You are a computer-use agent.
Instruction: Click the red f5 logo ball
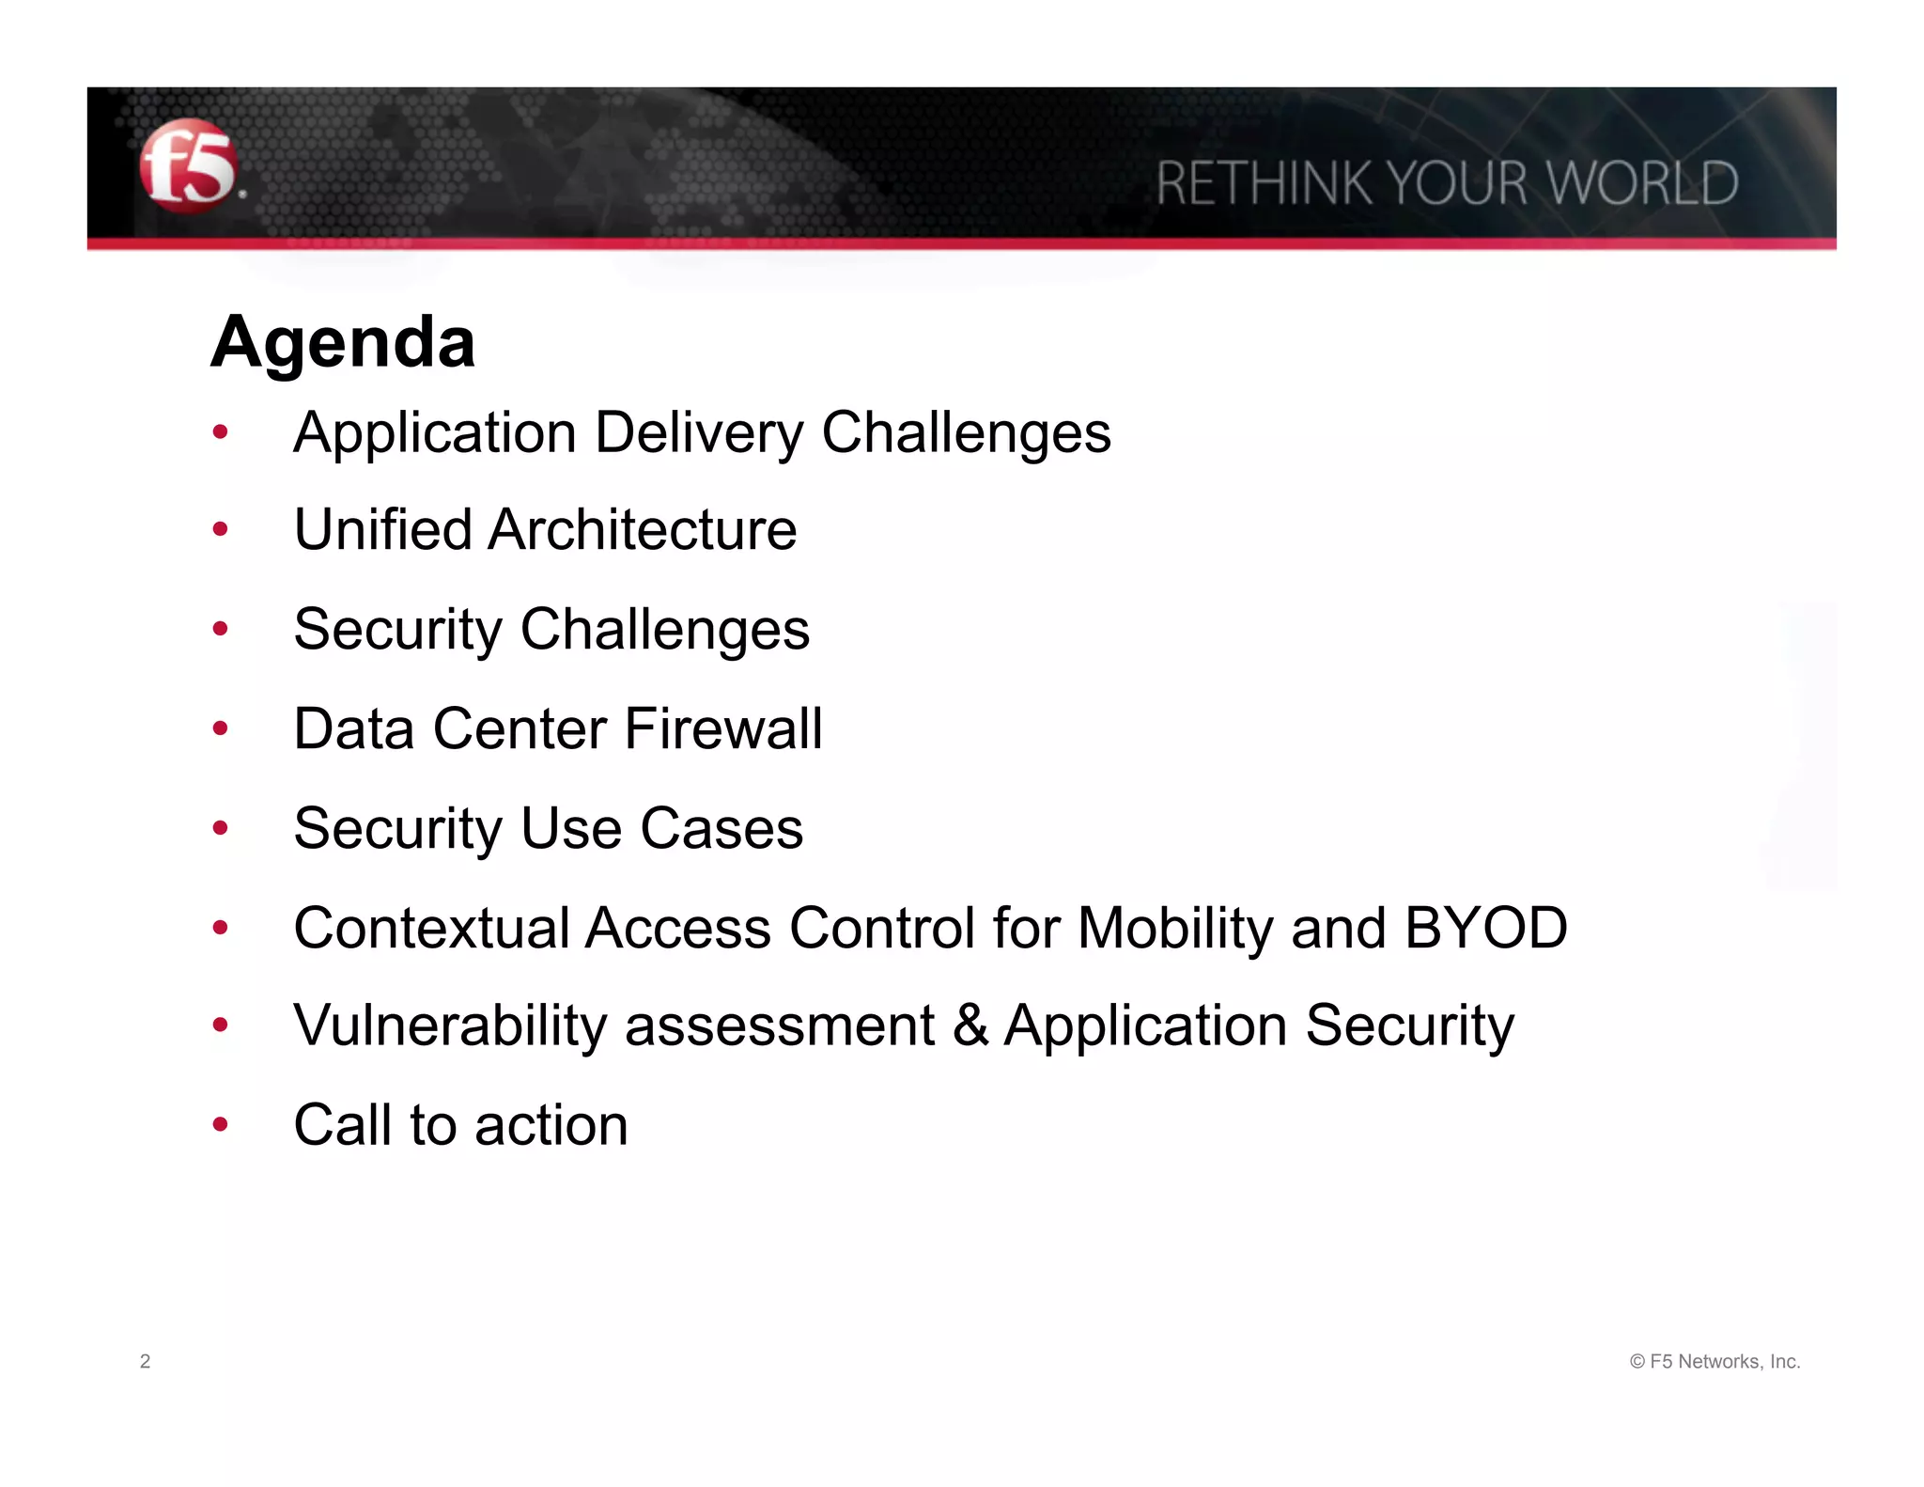click(x=188, y=166)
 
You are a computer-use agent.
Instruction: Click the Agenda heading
click(x=343, y=342)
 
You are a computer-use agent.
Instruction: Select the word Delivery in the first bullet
click(x=699, y=434)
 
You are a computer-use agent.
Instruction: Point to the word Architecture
click(x=643, y=530)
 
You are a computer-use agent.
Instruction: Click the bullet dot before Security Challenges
click(x=221, y=628)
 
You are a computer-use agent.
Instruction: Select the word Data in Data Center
click(x=353, y=729)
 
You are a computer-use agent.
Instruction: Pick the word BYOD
click(x=1485, y=929)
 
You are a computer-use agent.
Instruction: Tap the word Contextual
click(x=431, y=929)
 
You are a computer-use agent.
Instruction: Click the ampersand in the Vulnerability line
click(x=970, y=1025)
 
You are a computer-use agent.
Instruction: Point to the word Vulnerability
click(x=450, y=1026)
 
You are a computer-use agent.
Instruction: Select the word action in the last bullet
click(x=551, y=1125)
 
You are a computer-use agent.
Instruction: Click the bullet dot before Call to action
click(x=221, y=1124)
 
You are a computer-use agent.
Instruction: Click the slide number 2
click(x=145, y=1361)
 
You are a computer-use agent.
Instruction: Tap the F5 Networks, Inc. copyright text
click(x=1715, y=1361)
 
